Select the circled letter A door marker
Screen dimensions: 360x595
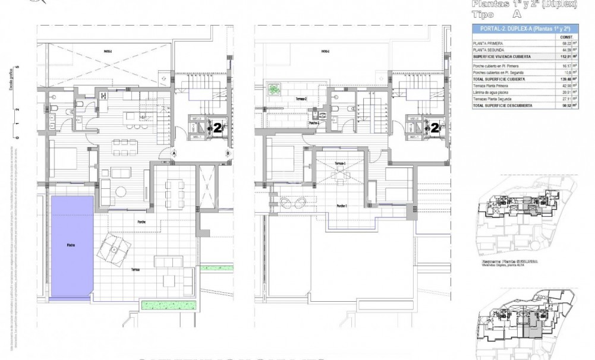coord(174,153)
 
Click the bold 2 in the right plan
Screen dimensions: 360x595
coord(435,127)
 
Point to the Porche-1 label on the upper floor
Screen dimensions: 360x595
coord(341,206)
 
